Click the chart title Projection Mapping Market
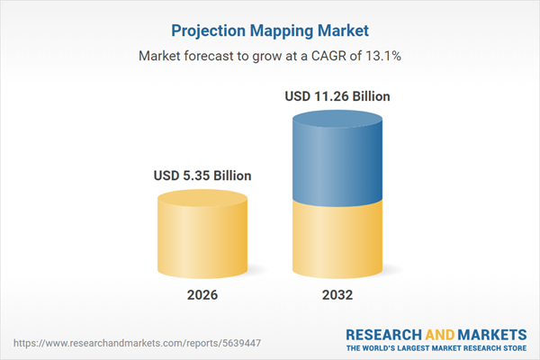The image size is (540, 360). [x=270, y=31]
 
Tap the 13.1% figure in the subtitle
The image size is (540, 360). [x=382, y=56]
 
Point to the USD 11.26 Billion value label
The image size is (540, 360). [x=337, y=95]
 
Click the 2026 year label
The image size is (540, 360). [x=203, y=295]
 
